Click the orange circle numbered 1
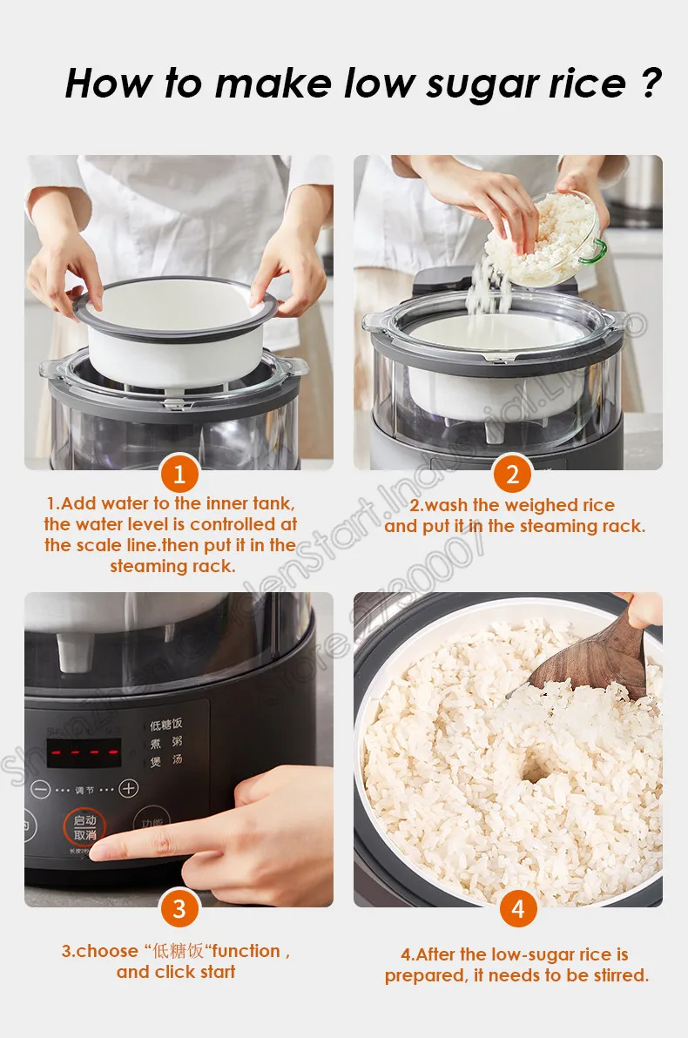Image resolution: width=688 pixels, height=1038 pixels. [179, 474]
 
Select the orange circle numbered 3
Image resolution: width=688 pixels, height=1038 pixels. [179, 909]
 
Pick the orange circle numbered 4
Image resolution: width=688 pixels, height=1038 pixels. [518, 909]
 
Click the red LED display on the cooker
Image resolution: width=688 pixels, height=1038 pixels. [84, 752]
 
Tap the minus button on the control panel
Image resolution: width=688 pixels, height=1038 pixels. [40, 789]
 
